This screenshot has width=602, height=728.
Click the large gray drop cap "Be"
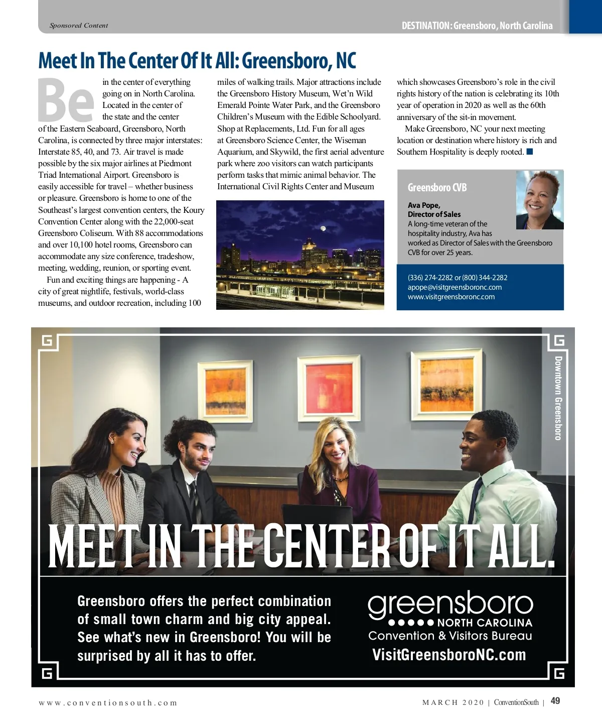pos(66,100)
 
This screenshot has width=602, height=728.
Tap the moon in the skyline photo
pos(323,228)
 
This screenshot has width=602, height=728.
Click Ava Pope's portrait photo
pos(540,200)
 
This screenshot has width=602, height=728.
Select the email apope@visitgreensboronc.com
pos(455,287)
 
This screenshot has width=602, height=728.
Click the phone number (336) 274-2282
pos(430,278)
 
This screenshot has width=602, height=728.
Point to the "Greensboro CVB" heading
pos(437,188)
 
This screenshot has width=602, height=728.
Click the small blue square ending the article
pos(530,152)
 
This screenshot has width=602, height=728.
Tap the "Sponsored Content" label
pos(79,26)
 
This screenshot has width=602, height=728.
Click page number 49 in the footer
pos(555,701)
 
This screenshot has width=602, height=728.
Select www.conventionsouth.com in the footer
pos(108,703)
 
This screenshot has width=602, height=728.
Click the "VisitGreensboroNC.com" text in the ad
pos(449,655)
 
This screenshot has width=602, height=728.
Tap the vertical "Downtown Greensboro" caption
pos(558,398)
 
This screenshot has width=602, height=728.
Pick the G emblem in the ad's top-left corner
pos(47,341)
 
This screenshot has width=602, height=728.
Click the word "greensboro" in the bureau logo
pos(450,604)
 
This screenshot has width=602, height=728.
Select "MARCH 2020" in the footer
pos(453,703)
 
